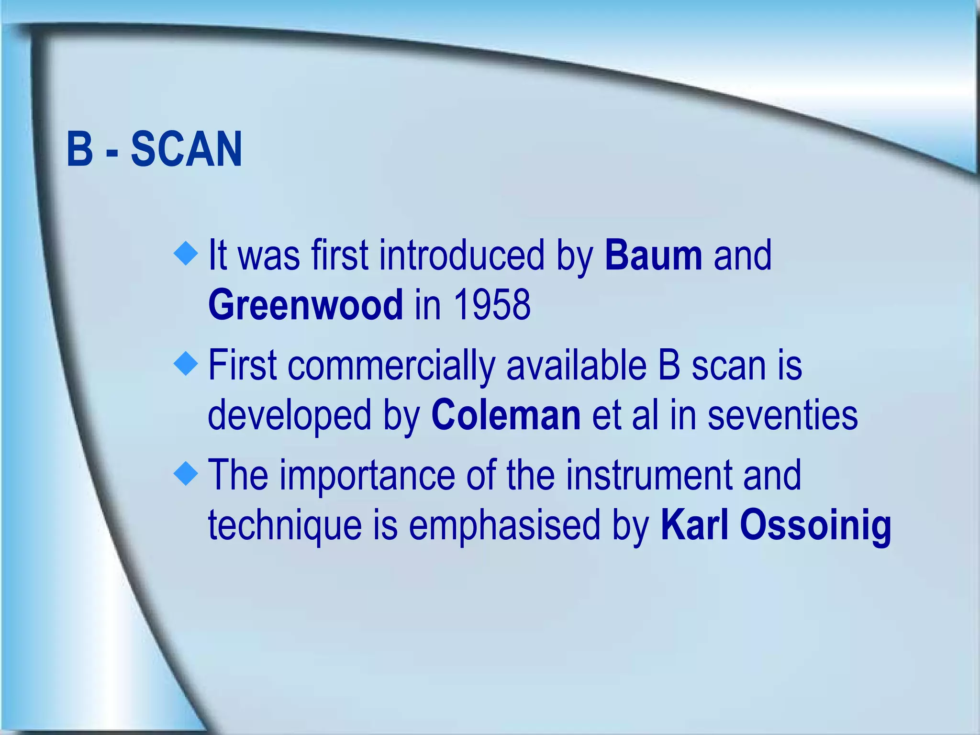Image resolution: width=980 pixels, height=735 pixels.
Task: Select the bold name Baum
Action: (x=654, y=256)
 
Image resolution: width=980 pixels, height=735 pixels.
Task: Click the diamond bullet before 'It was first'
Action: (x=186, y=254)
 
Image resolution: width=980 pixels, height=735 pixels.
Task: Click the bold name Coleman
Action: (x=506, y=415)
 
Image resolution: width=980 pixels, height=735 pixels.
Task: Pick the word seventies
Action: (x=782, y=415)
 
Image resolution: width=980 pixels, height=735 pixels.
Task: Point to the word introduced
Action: (x=462, y=256)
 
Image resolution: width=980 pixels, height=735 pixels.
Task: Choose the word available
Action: (x=577, y=366)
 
